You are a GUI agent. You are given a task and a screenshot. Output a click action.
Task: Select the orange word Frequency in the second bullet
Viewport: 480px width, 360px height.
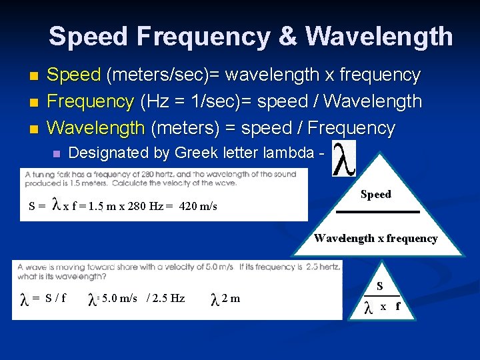pos(91,101)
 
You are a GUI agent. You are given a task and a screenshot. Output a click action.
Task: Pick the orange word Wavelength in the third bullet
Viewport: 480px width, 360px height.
pos(96,127)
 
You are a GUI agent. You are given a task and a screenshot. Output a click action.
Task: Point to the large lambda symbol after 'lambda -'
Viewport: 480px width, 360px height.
pos(344,159)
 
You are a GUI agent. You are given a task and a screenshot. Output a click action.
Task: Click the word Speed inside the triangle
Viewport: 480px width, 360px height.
pos(375,195)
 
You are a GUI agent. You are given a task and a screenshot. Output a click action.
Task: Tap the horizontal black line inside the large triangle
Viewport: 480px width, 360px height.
pos(377,211)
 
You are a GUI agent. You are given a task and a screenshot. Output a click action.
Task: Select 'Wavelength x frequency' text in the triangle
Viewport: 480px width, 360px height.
pos(376,238)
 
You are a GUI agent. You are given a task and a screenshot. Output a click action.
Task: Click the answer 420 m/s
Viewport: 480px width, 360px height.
pos(198,206)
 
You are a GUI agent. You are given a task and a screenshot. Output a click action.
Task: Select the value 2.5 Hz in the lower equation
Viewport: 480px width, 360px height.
pos(169,298)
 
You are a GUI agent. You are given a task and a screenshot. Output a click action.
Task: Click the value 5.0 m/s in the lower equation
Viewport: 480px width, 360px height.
pos(120,298)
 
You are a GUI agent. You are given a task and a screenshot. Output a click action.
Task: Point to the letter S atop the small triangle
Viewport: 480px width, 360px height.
pos(379,287)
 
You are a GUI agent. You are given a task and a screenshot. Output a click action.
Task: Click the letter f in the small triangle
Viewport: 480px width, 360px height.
pos(398,307)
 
